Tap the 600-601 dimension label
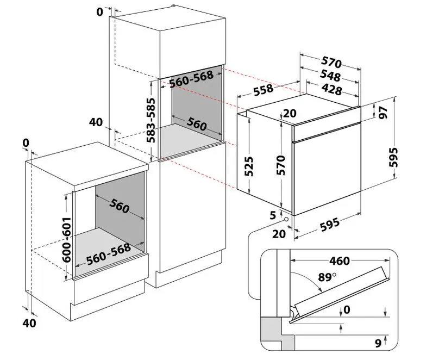click(67, 239)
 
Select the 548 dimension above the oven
click(330, 76)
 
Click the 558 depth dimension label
click(263, 89)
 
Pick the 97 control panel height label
click(384, 113)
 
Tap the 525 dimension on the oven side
click(249, 166)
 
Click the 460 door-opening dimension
click(340, 261)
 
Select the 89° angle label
click(327, 277)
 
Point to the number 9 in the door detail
click(378, 343)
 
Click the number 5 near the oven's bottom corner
click(273, 215)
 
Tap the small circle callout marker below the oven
click(286, 220)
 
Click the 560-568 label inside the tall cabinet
click(191, 79)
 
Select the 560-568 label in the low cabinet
click(109, 254)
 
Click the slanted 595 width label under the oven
click(330, 225)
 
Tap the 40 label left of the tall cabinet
click(96, 122)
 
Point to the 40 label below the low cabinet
click(29, 323)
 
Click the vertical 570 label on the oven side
click(281, 165)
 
